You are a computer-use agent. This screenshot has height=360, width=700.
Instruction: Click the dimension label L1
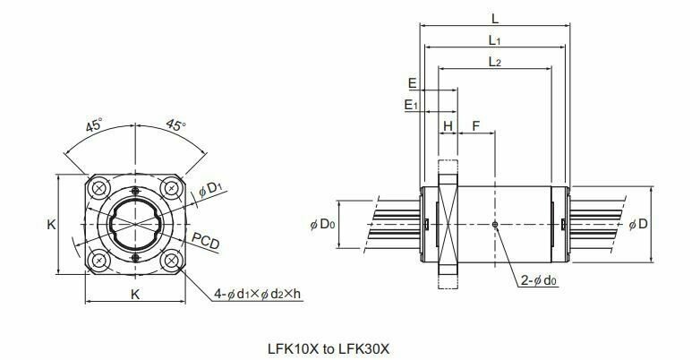(x=494, y=40)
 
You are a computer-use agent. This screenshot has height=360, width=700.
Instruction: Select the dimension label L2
(x=494, y=62)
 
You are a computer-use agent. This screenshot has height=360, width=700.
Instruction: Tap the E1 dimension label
(x=411, y=106)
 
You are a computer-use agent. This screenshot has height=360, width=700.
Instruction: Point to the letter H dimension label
(x=448, y=126)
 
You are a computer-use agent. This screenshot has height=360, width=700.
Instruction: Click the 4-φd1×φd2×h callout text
(x=258, y=293)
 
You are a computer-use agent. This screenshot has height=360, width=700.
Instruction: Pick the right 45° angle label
(x=175, y=125)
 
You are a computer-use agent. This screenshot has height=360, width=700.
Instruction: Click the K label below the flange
(x=134, y=294)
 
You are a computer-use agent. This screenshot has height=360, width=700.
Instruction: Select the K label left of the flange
(x=51, y=225)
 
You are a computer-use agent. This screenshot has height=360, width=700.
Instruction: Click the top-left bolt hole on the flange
(x=98, y=189)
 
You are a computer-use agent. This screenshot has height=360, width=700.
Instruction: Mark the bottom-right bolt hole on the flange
(x=171, y=260)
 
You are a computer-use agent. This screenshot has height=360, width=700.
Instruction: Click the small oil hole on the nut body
(x=495, y=224)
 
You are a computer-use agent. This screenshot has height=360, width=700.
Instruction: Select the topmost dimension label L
(x=494, y=18)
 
